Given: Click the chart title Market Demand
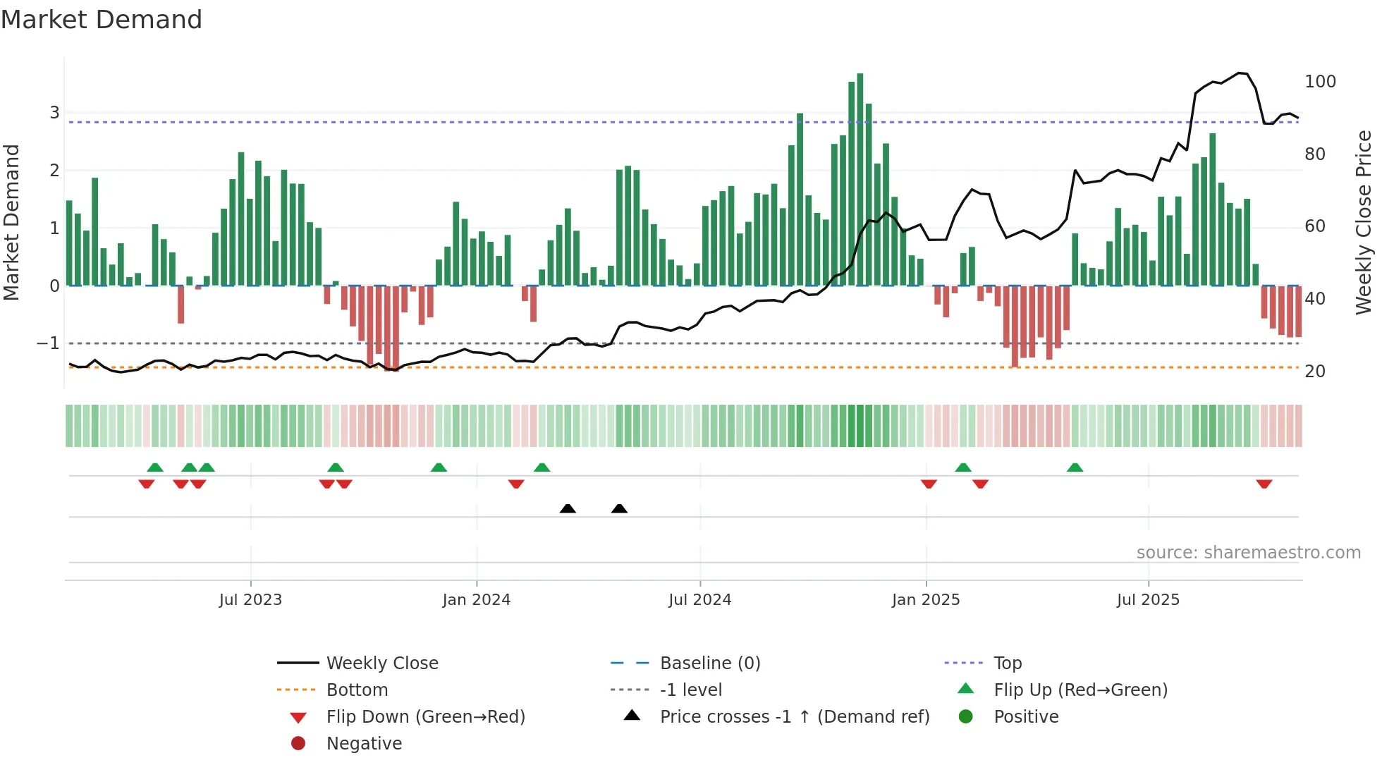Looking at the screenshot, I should [x=102, y=20].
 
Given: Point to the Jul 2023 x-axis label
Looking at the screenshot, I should [x=250, y=600].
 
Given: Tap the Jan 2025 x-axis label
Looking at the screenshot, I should [x=925, y=600].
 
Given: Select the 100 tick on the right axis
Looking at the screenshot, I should [x=1320, y=82].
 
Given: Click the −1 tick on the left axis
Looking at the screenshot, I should [x=49, y=343].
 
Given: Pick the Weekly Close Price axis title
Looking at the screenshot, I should [x=1364, y=222].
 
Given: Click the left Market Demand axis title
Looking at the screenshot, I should [x=11, y=222].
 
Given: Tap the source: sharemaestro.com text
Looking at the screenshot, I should [x=1248, y=553].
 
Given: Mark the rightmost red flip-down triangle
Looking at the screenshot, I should [x=1264, y=484].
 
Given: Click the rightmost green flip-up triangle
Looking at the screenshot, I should [x=1075, y=467].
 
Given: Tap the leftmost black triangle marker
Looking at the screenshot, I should [x=568, y=508].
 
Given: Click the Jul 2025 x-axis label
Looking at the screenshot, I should [x=1148, y=600].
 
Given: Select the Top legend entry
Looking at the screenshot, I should [x=1008, y=663].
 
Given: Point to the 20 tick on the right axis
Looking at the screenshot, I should [x=1314, y=372].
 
